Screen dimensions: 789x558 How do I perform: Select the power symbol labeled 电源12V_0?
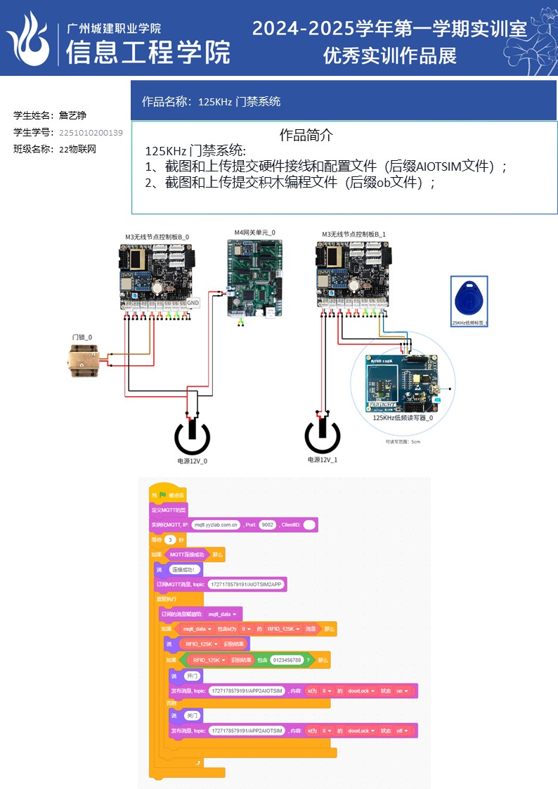click(192, 436)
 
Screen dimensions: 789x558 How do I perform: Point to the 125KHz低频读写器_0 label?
click(402, 417)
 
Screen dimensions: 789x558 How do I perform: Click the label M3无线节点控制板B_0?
click(157, 237)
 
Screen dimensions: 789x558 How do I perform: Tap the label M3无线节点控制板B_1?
click(353, 234)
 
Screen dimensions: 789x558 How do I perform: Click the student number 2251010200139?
click(91, 133)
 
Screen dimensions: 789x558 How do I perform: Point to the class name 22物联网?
click(77, 149)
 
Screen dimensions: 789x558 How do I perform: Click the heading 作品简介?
click(306, 134)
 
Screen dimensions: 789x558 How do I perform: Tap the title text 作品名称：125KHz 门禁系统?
click(211, 102)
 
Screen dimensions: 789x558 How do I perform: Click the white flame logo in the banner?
click(30, 39)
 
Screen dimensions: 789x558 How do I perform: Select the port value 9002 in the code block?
click(267, 525)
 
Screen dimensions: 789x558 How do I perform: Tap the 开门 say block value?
click(192, 676)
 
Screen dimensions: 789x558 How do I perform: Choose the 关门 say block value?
click(192, 715)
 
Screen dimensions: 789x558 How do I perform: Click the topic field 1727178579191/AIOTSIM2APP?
click(247, 585)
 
